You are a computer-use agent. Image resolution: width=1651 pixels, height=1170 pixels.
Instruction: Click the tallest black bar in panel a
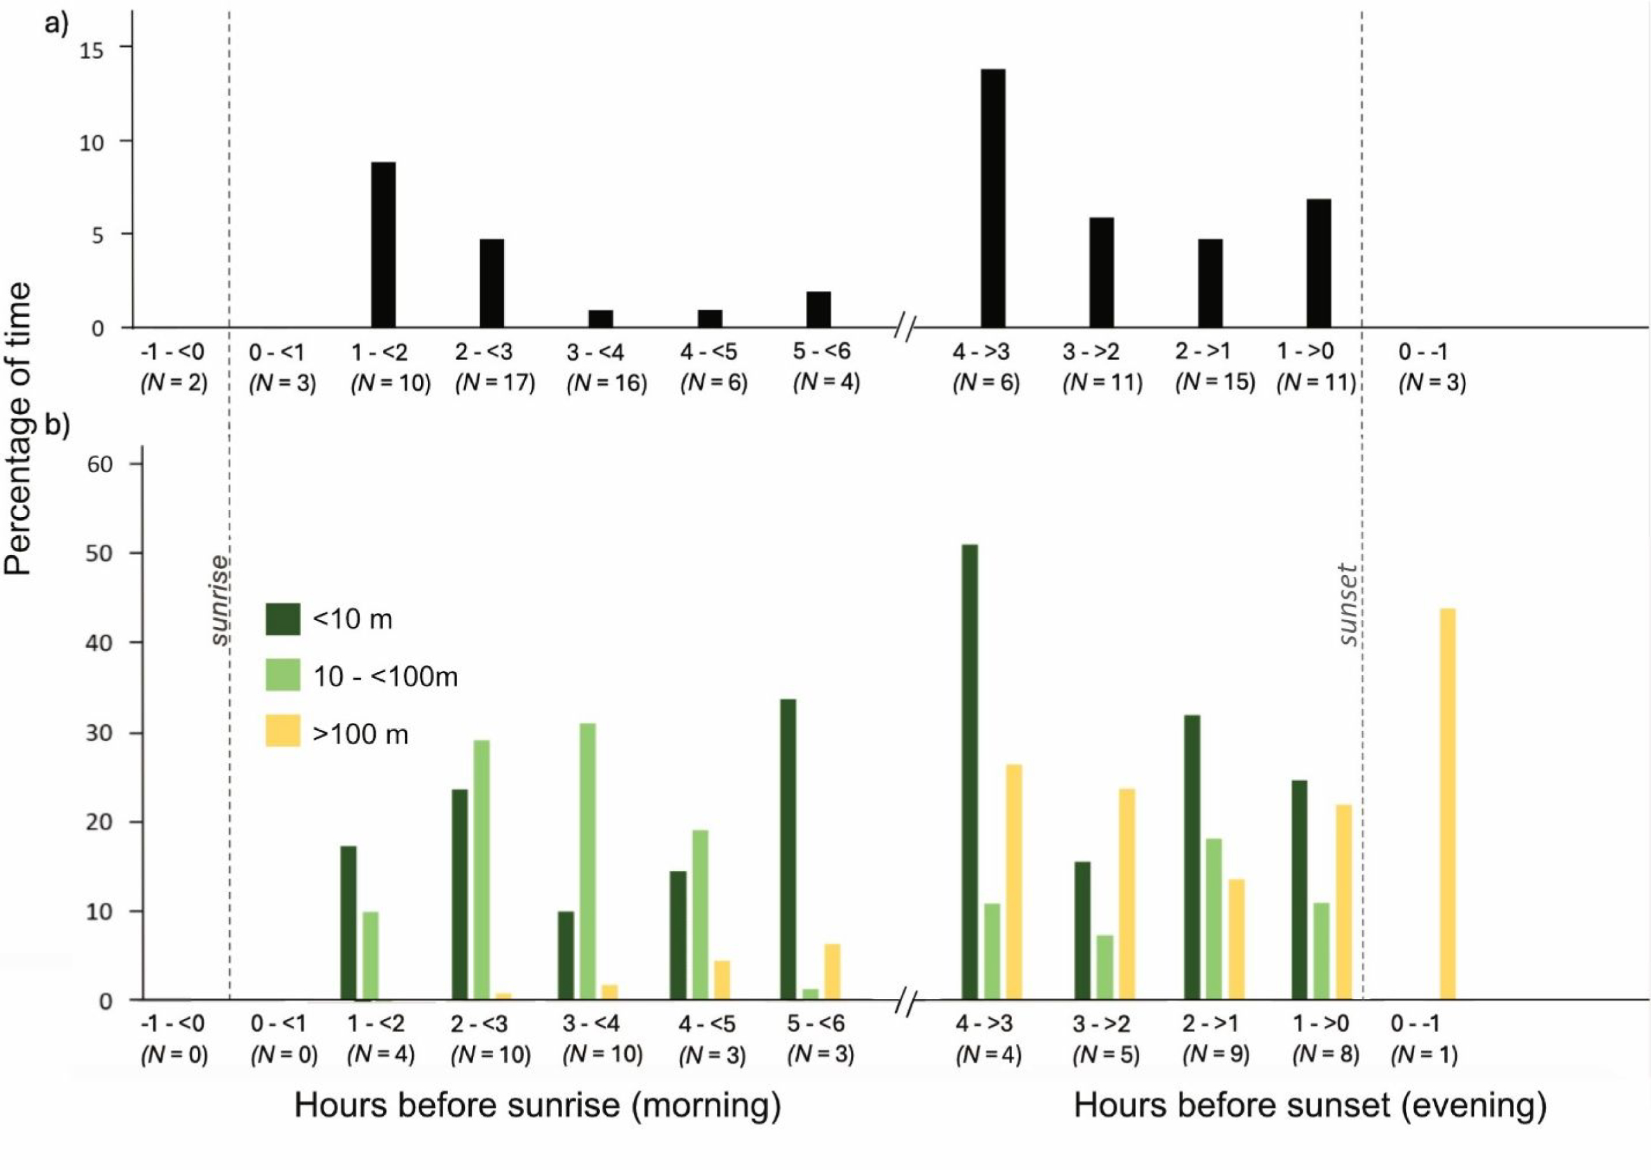pos(993,198)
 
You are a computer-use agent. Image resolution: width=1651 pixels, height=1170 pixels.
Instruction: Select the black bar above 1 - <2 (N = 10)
pos(382,245)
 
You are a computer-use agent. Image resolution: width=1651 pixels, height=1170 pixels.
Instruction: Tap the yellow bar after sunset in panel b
pos(1447,804)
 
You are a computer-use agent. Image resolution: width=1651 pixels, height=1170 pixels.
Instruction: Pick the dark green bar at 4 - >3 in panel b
pos(970,772)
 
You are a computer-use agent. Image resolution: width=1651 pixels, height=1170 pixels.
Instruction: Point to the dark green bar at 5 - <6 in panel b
pos(788,849)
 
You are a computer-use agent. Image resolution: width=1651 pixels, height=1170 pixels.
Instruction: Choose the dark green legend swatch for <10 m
pos(283,619)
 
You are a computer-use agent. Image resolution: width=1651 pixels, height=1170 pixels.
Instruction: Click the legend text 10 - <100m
pos(385,677)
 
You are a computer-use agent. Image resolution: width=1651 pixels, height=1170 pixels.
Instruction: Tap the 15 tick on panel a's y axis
pos(91,49)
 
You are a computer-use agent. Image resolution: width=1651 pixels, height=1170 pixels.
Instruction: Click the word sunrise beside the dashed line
pos(220,600)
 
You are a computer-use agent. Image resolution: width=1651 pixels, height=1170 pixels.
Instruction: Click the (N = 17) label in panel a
pos(495,382)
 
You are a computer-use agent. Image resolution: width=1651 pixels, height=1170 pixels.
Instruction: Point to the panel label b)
pos(57,425)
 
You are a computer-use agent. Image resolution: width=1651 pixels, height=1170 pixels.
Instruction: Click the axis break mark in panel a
pos(905,328)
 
